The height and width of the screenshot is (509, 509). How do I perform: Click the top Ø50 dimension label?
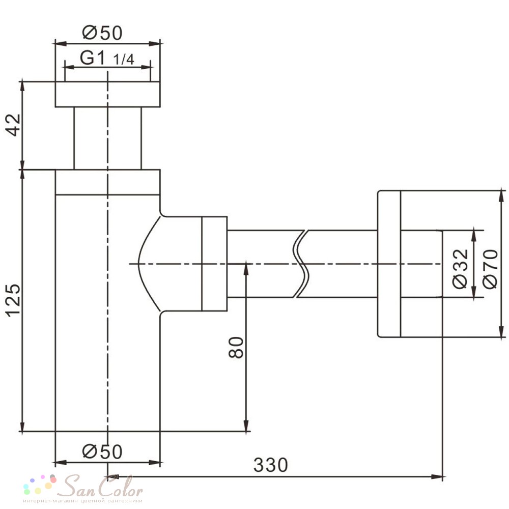(102, 33)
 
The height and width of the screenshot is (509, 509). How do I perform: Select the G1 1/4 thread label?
(107, 59)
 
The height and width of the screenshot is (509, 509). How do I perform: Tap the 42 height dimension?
(13, 125)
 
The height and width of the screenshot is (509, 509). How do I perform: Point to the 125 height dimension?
(13, 300)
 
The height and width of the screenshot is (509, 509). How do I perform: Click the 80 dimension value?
(236, 347)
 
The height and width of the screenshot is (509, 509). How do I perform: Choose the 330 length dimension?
(270, 465)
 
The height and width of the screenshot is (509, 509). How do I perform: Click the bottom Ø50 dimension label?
(102, 451)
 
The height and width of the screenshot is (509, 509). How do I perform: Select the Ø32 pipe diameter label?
(460, 268)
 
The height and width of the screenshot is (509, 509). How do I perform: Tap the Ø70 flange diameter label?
(490, 268)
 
